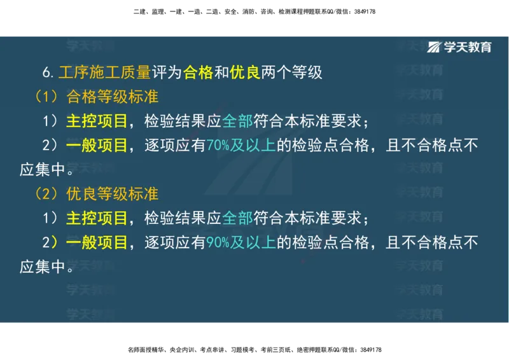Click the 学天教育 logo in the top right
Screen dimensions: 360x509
click(x=459, y=47)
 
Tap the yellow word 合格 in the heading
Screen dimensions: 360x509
click(x=198, y=73)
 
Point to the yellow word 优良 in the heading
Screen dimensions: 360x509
click(x=245, y=73)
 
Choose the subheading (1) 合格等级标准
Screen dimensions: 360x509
click(x=96, y=97)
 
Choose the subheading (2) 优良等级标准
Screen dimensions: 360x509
click(x=96, y=194)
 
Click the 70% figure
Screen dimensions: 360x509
click(x=217, y=146)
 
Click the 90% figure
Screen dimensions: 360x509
click(x=217, y=242)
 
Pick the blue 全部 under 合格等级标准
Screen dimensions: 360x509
click(x=237, y=121)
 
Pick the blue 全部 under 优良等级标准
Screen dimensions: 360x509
click(x=237, y=218)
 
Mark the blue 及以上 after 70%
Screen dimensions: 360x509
click(x=253, y=146)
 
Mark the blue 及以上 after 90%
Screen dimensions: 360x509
click(x=253, y=242)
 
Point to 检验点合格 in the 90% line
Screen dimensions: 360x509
click(x=331, y=242)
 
